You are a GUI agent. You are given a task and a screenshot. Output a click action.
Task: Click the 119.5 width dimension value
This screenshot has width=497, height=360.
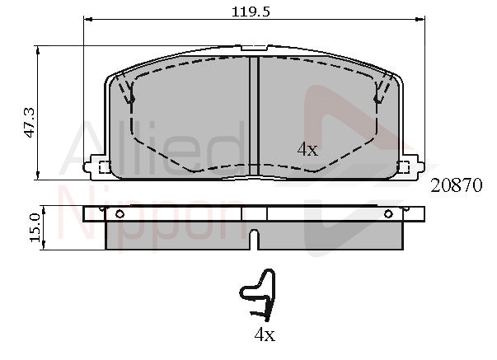[x=251, y=12]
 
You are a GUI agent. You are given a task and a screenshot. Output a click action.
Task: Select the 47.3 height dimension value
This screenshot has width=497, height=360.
[x=30, y=123]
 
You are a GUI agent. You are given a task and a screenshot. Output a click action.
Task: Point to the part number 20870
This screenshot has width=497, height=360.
[x=456, y=185]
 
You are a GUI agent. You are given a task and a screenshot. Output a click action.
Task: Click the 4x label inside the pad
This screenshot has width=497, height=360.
[x=307, y=149]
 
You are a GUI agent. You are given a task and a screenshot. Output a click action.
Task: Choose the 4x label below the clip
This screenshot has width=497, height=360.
[x=265, y=334]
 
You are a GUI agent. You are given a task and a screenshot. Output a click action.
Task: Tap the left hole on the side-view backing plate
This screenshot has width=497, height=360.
[x=120, y=214]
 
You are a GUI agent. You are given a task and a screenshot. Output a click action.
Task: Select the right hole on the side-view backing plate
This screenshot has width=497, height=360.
[x=388, y=214]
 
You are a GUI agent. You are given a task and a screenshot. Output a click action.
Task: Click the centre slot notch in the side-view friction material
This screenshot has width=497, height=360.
[x=254, y=240]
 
